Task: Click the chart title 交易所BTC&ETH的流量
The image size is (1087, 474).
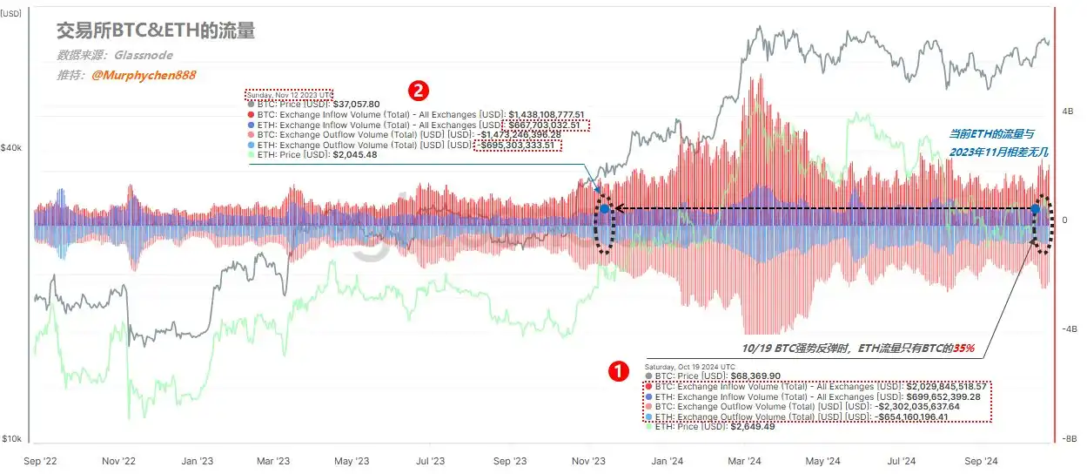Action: (x=156, y=31)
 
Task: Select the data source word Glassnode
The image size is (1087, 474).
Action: (x=143, y=54)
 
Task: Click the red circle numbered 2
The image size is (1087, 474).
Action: (x=419, y=90)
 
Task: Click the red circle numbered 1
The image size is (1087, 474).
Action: (x=617, y=370)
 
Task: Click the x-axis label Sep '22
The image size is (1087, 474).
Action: (x=42, y=461)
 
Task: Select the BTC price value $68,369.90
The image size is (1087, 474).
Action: (x=753, y=375)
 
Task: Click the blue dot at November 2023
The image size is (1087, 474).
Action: (x=604, y=209)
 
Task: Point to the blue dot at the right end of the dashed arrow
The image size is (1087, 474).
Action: (x=1036, y=209)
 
